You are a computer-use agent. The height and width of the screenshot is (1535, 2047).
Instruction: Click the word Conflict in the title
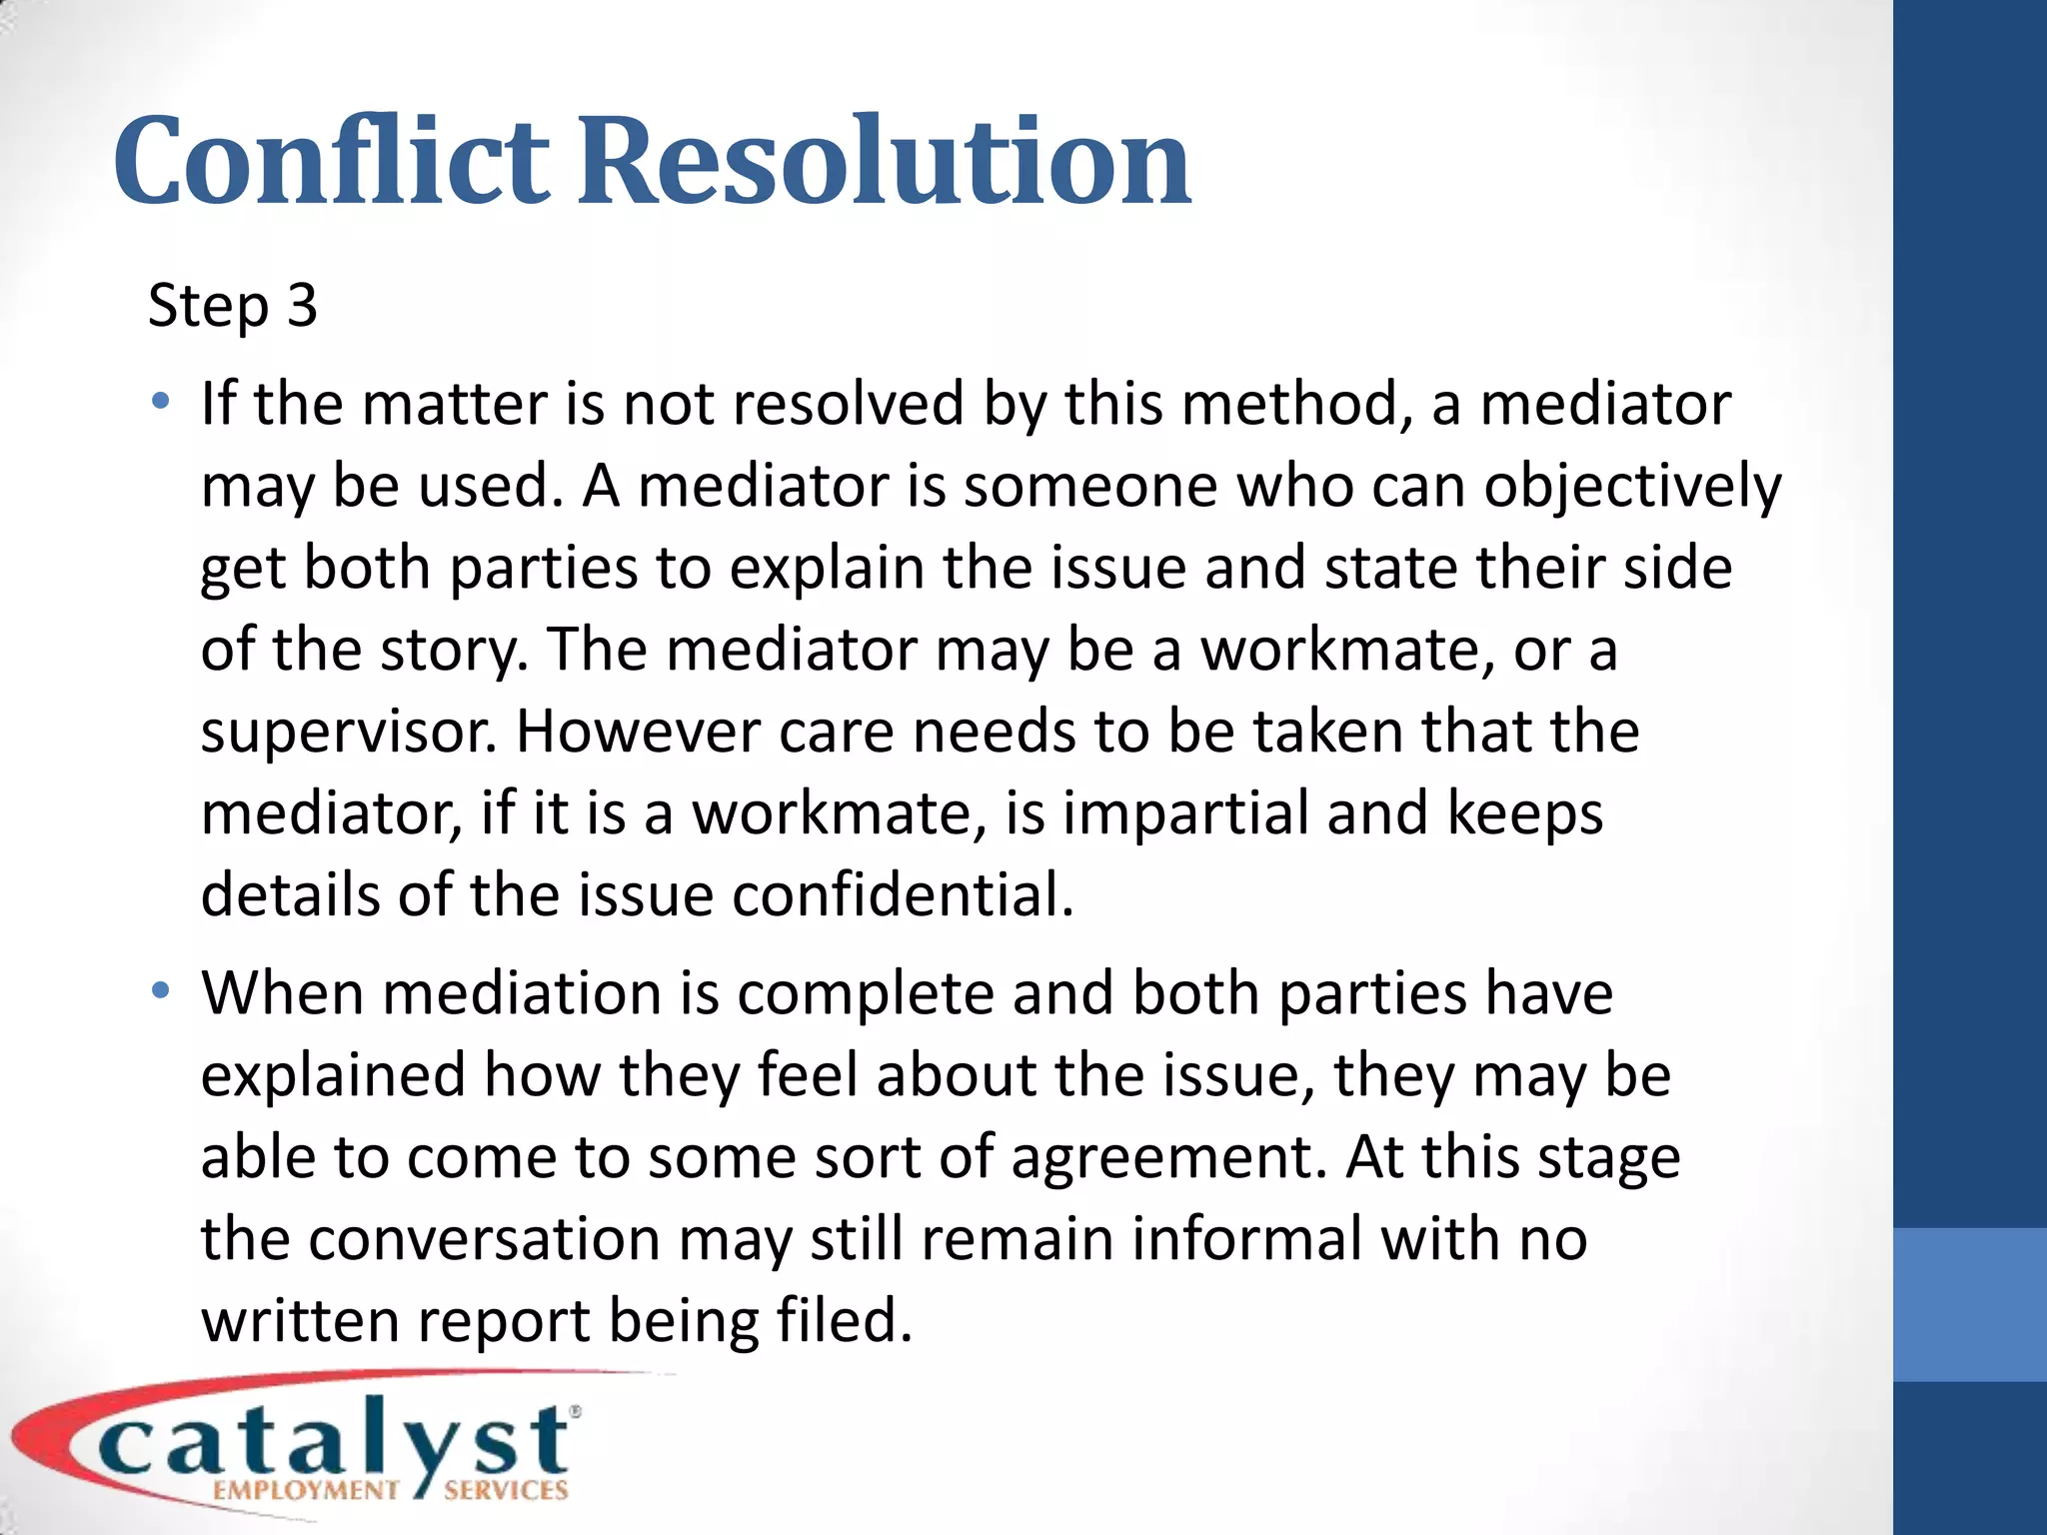(330, 162)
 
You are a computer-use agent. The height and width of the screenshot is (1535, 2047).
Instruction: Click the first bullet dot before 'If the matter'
(160, 403)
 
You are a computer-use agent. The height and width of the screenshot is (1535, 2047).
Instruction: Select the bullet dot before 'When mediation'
(160, 991)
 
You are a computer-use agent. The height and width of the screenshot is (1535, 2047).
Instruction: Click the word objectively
(1632, 488)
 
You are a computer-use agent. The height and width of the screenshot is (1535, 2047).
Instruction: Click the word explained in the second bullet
(333, 1076)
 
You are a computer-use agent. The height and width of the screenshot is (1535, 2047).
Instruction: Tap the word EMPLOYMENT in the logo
(306, 1491)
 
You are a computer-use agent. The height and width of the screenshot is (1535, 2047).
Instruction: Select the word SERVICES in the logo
(506, 1491)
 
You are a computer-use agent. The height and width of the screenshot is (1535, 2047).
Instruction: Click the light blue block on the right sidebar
(1969, 1304)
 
